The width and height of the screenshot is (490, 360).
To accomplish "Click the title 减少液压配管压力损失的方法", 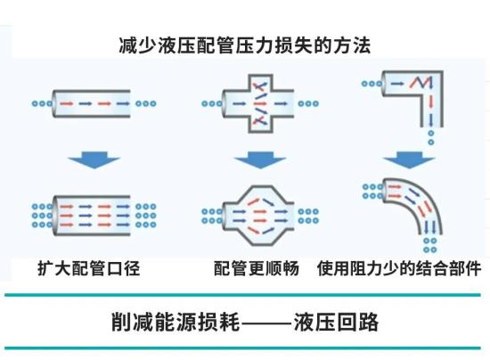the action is [245, 45].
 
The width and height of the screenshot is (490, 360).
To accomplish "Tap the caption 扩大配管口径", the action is [89, 268].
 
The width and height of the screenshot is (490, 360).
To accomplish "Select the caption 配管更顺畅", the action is [257, 268].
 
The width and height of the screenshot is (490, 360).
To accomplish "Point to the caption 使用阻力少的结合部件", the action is [399, 268].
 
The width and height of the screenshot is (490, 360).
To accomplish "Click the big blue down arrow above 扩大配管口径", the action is [94, 160].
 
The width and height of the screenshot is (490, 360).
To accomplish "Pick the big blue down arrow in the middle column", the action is [260, 160].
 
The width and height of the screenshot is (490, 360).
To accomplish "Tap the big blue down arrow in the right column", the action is [409, 160].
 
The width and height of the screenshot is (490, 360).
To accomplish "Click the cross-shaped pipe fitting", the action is [259, 103].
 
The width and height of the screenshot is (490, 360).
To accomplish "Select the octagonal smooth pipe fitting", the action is [259, 216].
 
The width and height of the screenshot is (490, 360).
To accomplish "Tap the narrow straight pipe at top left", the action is [91, 103].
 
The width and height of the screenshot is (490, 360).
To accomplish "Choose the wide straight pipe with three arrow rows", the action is [91, 216].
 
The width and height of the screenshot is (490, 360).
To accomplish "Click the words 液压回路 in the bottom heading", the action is [336, 322].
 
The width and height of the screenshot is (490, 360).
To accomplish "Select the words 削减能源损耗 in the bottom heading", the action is [176, 322].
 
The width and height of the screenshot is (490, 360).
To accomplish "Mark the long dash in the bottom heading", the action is [266, 323].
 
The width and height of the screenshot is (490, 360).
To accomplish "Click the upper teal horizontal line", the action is [242, 295].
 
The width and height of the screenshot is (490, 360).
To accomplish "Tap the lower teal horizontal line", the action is [242, 348].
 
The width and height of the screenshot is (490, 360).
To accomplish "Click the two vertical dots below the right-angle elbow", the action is [431, 138].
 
